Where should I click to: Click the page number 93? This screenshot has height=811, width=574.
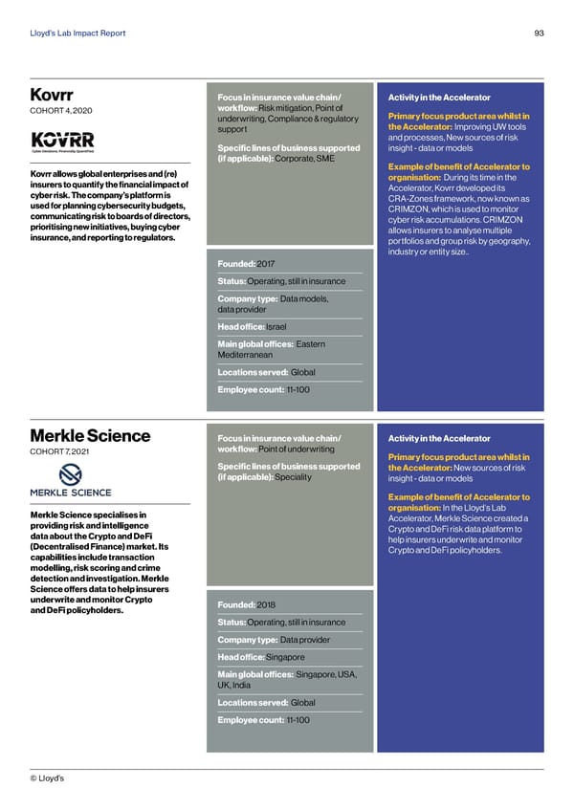pos(540,33)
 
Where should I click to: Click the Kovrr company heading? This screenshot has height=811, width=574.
pos(52,95)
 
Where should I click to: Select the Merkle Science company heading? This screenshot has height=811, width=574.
pos(90,436)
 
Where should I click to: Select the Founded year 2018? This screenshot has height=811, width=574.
pos(267,604)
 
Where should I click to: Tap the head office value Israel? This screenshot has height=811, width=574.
pos(276,326)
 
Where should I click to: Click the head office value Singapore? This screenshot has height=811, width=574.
pos(285,657)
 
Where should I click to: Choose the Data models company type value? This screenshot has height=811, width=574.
pos(304,298)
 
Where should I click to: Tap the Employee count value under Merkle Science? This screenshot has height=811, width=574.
pos(298,719)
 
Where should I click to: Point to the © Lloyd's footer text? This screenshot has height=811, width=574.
pos(48,779)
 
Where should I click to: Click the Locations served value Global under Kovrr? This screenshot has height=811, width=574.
pos(302,372)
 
